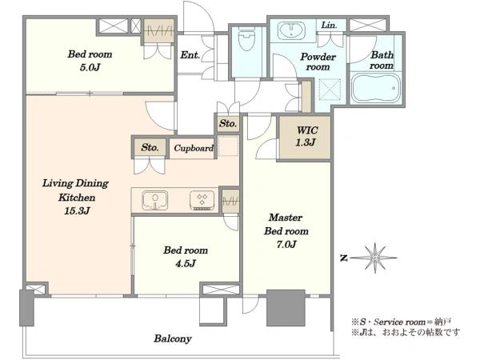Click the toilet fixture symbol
pyautogui.click(x=246, y=39)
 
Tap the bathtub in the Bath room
pyautogui.click(x=376, y=88)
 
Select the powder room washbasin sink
pyautogui.click(x=291, y=30)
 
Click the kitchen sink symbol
pyautogui.click(x=155, y=200)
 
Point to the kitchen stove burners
pyautogui.click(x=202, y=201)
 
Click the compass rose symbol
pyautogui.click(x=374, y=258)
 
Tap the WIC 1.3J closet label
pyautogui.click(x=306, y=136)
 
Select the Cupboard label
pyautogui.click(x=194, y=148)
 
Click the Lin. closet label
pyautogui.click(x=330, y=25)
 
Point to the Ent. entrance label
pyautogui.click(x=190, y=55)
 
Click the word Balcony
pyautogui.click(x=173, y=338)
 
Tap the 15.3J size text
pyautogui.click(x=77, y=211)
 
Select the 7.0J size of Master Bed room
pyautogui.click(x=286, y=244)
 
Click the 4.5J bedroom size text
pyautogui.click(x=186, y=263)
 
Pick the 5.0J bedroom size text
pyautogui.click(x=90, y=67)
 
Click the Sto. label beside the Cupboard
pyautogui.click(x=150, y=147)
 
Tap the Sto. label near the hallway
pyautogui.click(x=228, y=124)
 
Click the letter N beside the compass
pyautogui.click(x=344, y=258)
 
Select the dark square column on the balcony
pyautogui.click(x=286, y=308)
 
